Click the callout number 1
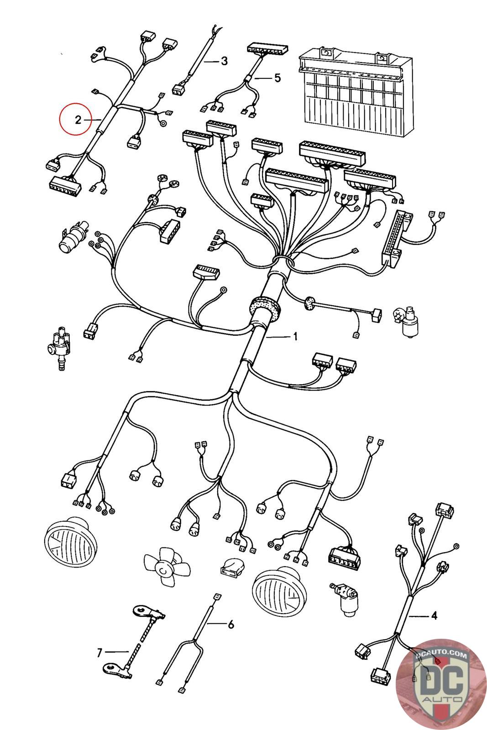point(295,337)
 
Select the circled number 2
point(78,120)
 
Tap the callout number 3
point(224,61)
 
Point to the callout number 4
point(434,616)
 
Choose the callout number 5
point(277,78)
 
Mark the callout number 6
point(230,624)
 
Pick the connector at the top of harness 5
point(268,49)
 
